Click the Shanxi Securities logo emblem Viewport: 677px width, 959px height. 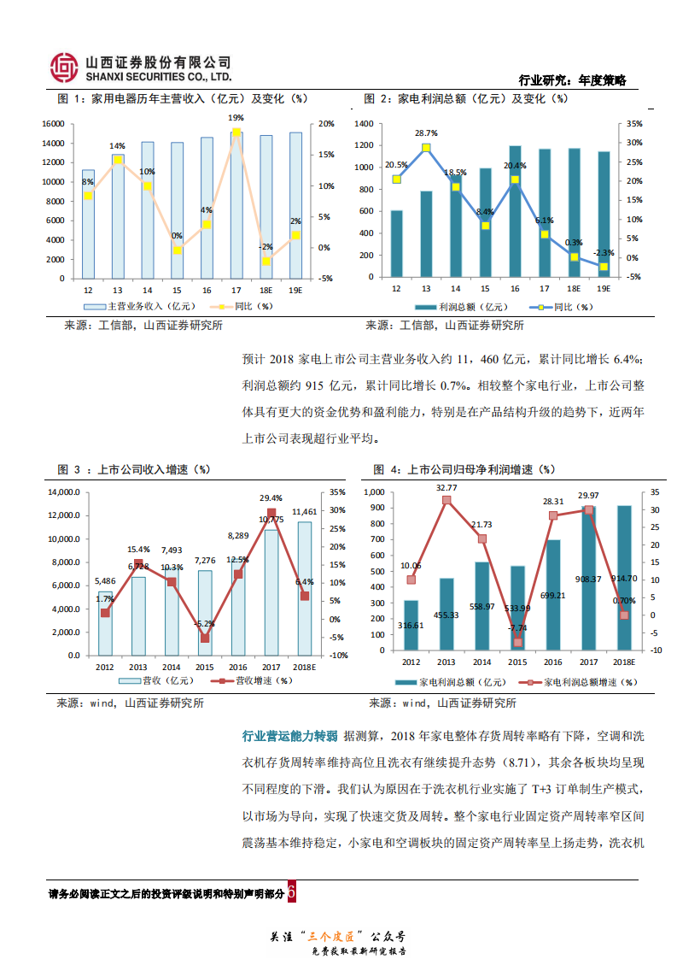click(x=64, y=66)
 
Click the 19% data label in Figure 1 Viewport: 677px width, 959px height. click(x=236, y=118)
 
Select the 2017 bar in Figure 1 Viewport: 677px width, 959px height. click(x=236, y=205)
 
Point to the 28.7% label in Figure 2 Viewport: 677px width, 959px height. click(x=426, y=133)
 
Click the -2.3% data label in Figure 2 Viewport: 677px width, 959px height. click(x=604, y=253)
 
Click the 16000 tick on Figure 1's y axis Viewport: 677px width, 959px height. click(x=53, y=123)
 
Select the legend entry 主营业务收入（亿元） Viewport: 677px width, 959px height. click(x=140, y=306)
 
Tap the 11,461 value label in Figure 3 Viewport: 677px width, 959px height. click(x=304, y=512)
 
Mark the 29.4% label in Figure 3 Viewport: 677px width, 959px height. click(x=271, y=498)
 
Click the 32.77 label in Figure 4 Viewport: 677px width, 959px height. click(x=446, y=488)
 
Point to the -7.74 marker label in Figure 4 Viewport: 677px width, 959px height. click(x=517, y=628)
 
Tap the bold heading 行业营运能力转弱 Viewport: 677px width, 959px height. click(x=290, y=736)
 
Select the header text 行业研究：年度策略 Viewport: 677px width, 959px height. click(x=572, y=80)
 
